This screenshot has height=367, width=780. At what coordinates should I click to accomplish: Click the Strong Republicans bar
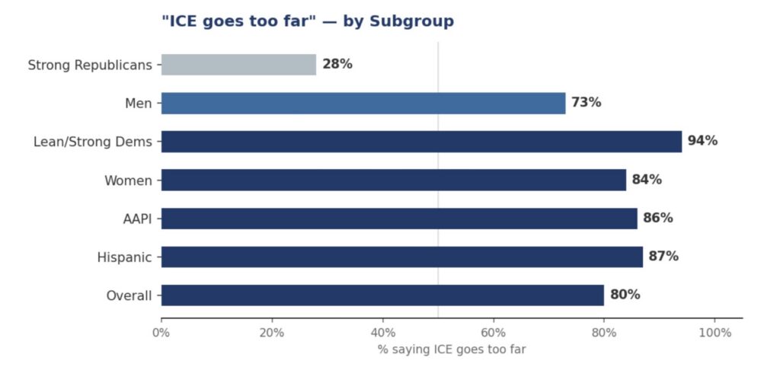click(x=238, y=65)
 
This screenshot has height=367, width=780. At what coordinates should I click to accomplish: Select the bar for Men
click(x=363, y=103)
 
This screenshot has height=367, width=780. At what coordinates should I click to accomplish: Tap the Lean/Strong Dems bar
click(x=421, y=142)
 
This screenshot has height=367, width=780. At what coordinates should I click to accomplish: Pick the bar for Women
click(x=393, y=180)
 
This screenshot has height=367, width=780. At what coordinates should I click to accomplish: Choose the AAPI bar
click(x=399, y=219)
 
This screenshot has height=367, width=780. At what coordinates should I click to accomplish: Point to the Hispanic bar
click(x=401, y=257)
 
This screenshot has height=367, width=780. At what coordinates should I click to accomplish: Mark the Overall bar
click(x=382, y=295)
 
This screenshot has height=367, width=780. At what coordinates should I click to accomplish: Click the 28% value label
click(x=337, y=65)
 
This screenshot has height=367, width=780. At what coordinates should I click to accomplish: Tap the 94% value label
click(x=702, y=141)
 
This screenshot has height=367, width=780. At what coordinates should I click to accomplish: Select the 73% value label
click(x=587, y=103)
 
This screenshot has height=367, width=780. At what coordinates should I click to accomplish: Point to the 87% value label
click(x=663, y=257)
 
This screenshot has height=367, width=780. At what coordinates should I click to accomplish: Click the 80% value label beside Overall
click(x=625, y=295)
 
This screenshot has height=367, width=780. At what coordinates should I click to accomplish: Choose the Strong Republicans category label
click(x=90, y=65)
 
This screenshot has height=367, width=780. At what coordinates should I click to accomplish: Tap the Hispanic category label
click(x=124, y=257)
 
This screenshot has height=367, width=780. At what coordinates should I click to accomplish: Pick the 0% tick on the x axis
click(x=161, y=333)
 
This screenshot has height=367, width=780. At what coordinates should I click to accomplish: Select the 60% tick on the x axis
click(x=494, y=333)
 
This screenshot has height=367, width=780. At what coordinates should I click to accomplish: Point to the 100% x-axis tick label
click(x=714, y=333)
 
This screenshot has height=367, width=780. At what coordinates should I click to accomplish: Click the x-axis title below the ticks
click(x=452, y=349)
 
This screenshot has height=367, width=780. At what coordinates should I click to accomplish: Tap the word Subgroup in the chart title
click(x=411, y=21)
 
